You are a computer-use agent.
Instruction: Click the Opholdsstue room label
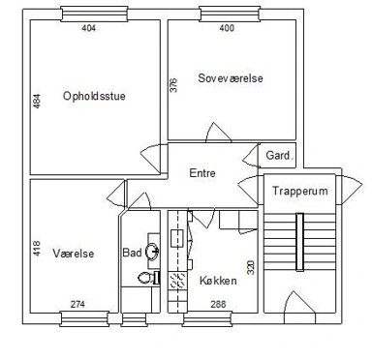pyautogui.click(x=94, y=96)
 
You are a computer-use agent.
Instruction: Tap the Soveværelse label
pyautogui.click(x=231, y=78)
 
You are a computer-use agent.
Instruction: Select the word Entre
pyautogui.click(x=202, y=173)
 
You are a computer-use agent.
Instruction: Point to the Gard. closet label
pyautogui.click(x=280, y=156)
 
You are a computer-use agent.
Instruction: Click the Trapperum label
pyautogui.click(x=300, y=191)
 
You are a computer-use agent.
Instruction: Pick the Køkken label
pyautogui.click(x=218, y=281)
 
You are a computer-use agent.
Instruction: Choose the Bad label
pyautogui.click(x=132, y=253)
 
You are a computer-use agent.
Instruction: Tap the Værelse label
pyautogui.click(x=74, y=254)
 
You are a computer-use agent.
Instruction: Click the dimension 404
pyautogui.click(x=89, y=28)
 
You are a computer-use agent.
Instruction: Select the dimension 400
pyautogui.click(x=227, y=28)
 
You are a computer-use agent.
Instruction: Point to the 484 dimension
pyautogui.click(x=37, y=101)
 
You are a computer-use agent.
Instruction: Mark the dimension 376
pyautogui.click(x=173, y=85)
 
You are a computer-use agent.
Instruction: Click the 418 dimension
pyautogui.click(x=37, y=249)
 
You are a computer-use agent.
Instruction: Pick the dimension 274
pyautogui.click(x=77, y=304)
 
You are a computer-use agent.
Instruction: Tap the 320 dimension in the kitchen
pyautogui.click(x=251, y=267)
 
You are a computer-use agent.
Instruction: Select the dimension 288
pyautogui.click(x=218, y=304)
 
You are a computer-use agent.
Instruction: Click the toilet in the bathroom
pyautogui.click(x=148, y=278)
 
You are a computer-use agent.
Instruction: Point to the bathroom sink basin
pyautogui.click(x=152, y=252)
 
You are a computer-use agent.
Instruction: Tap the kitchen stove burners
pyautogui.click(x=177, y=280)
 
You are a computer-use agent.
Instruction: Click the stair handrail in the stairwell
pyautogui.click(x=300, y=242)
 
